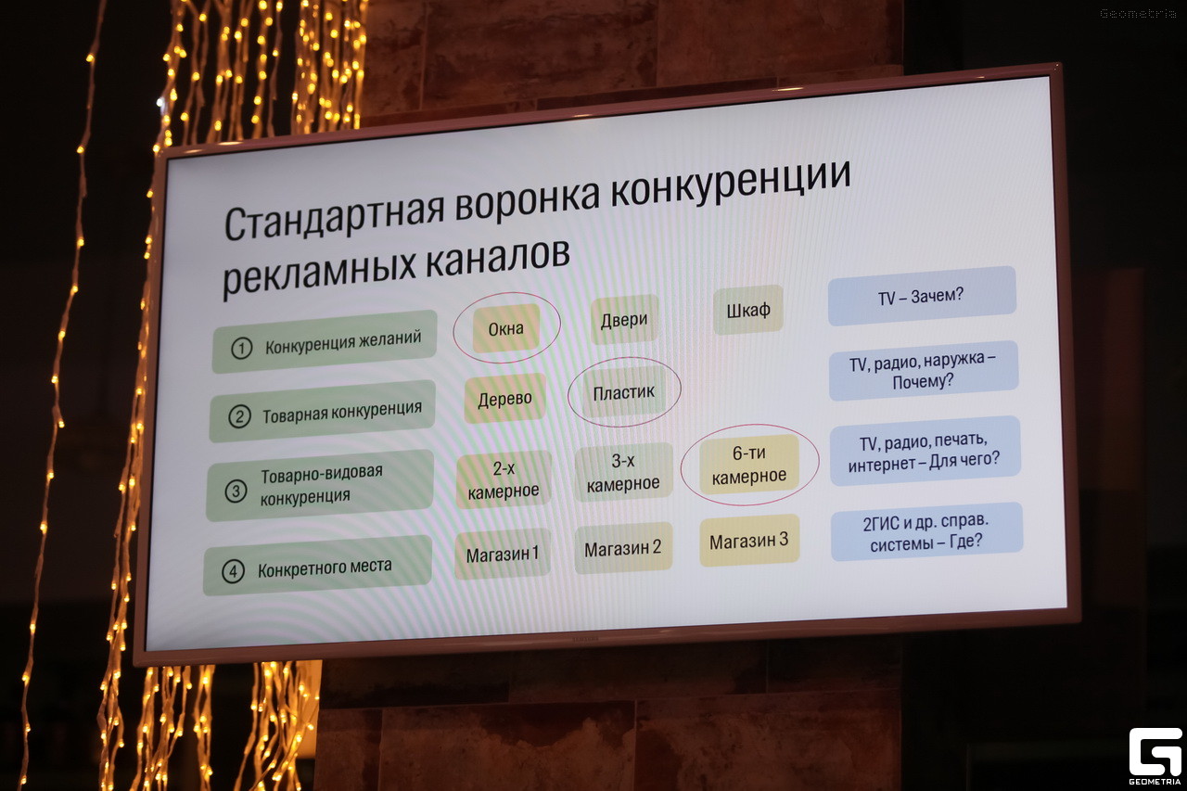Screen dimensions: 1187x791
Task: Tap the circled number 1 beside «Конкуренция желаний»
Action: [x=242, y=349]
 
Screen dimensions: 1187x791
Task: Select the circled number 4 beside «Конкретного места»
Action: [x=233, y=572]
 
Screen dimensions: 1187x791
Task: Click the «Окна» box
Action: [x=506, y=328]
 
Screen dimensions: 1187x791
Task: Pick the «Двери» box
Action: [x=624, y=320]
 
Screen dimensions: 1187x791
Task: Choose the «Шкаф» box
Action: [x=748, y=311]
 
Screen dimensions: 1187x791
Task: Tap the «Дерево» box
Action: [x=505, y=399]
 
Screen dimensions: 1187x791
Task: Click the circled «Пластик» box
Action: [x=624, y=392]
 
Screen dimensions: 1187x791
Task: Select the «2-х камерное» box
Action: [x=504, y=479]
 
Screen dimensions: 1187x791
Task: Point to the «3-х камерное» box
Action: [x=623, y=472]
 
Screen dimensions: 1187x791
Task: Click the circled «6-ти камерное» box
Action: [x=748, y=464]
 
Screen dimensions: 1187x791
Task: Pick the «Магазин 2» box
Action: [x=623, y=547]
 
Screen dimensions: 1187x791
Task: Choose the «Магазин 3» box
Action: [x=749, y=541]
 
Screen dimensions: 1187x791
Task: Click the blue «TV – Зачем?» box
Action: [x=922, y=296]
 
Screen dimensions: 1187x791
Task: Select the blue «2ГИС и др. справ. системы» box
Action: [x=926, y=531]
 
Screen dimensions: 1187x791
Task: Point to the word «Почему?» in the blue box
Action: [x=923, y=381]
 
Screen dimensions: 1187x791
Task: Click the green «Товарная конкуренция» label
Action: [x=322, y=411]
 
